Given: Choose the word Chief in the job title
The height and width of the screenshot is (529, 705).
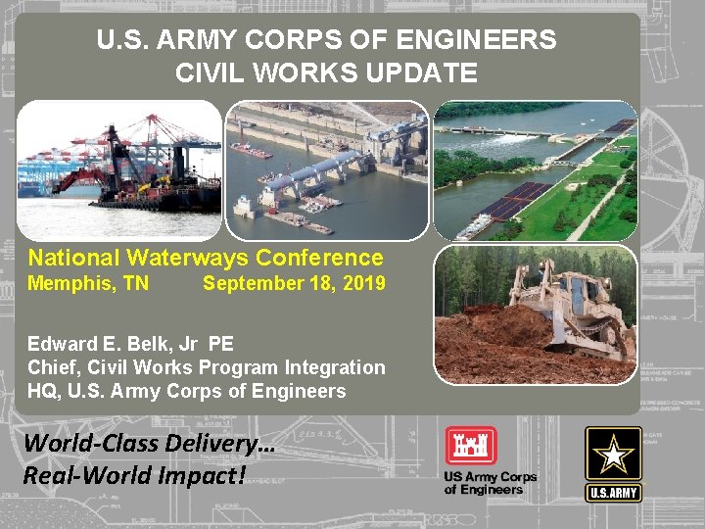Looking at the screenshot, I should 53,367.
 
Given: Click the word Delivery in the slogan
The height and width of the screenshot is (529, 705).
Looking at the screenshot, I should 210,443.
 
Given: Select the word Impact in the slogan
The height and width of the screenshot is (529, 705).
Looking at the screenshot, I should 193,476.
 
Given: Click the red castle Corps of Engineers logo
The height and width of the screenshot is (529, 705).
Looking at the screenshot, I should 470,446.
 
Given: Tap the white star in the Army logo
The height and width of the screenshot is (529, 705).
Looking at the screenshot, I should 613,454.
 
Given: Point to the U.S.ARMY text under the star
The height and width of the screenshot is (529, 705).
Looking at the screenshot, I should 613,493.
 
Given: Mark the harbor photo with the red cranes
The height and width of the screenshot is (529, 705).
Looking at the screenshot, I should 119,170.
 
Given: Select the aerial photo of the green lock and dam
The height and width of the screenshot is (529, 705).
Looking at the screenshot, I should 535,170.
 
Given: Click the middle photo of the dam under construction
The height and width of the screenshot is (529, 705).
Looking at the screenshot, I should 327,170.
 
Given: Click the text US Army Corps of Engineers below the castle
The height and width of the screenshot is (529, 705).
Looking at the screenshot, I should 490,483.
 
